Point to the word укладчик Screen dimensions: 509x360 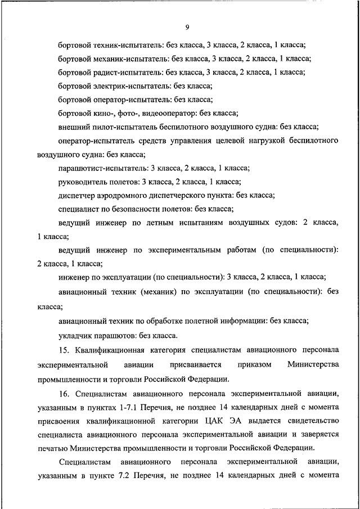click(x=75, y=336)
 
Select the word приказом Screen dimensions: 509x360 click(x=255, y=364)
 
